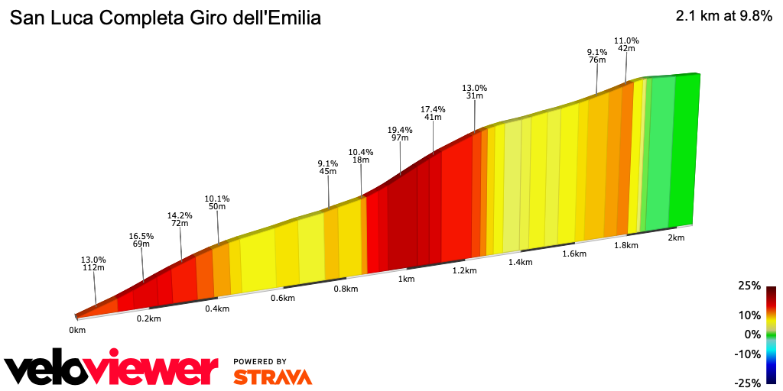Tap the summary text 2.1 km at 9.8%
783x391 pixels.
tap(723, 17)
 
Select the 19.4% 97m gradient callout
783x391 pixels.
tap(400, 134)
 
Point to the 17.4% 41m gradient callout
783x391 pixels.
tap(432, 113)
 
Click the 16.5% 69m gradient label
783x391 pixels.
tap(141, 241)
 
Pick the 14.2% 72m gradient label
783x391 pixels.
tap(180, 220)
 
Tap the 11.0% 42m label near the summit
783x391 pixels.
tap(626, 44)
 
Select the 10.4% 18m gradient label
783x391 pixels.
tap(360, 156)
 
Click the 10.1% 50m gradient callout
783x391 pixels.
tap(217, 202)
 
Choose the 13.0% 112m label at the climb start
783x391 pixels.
tap(93, 264)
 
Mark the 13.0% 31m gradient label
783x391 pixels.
tap(474, 92)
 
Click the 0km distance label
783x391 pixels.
tap(77, 330)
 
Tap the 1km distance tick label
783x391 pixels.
tap(406, 279)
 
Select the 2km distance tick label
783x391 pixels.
tap(675, 238)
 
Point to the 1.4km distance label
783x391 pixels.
tap(519, 262)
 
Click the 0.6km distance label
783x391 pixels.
tap(283, 298)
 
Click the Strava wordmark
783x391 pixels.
tap(272, 376)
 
